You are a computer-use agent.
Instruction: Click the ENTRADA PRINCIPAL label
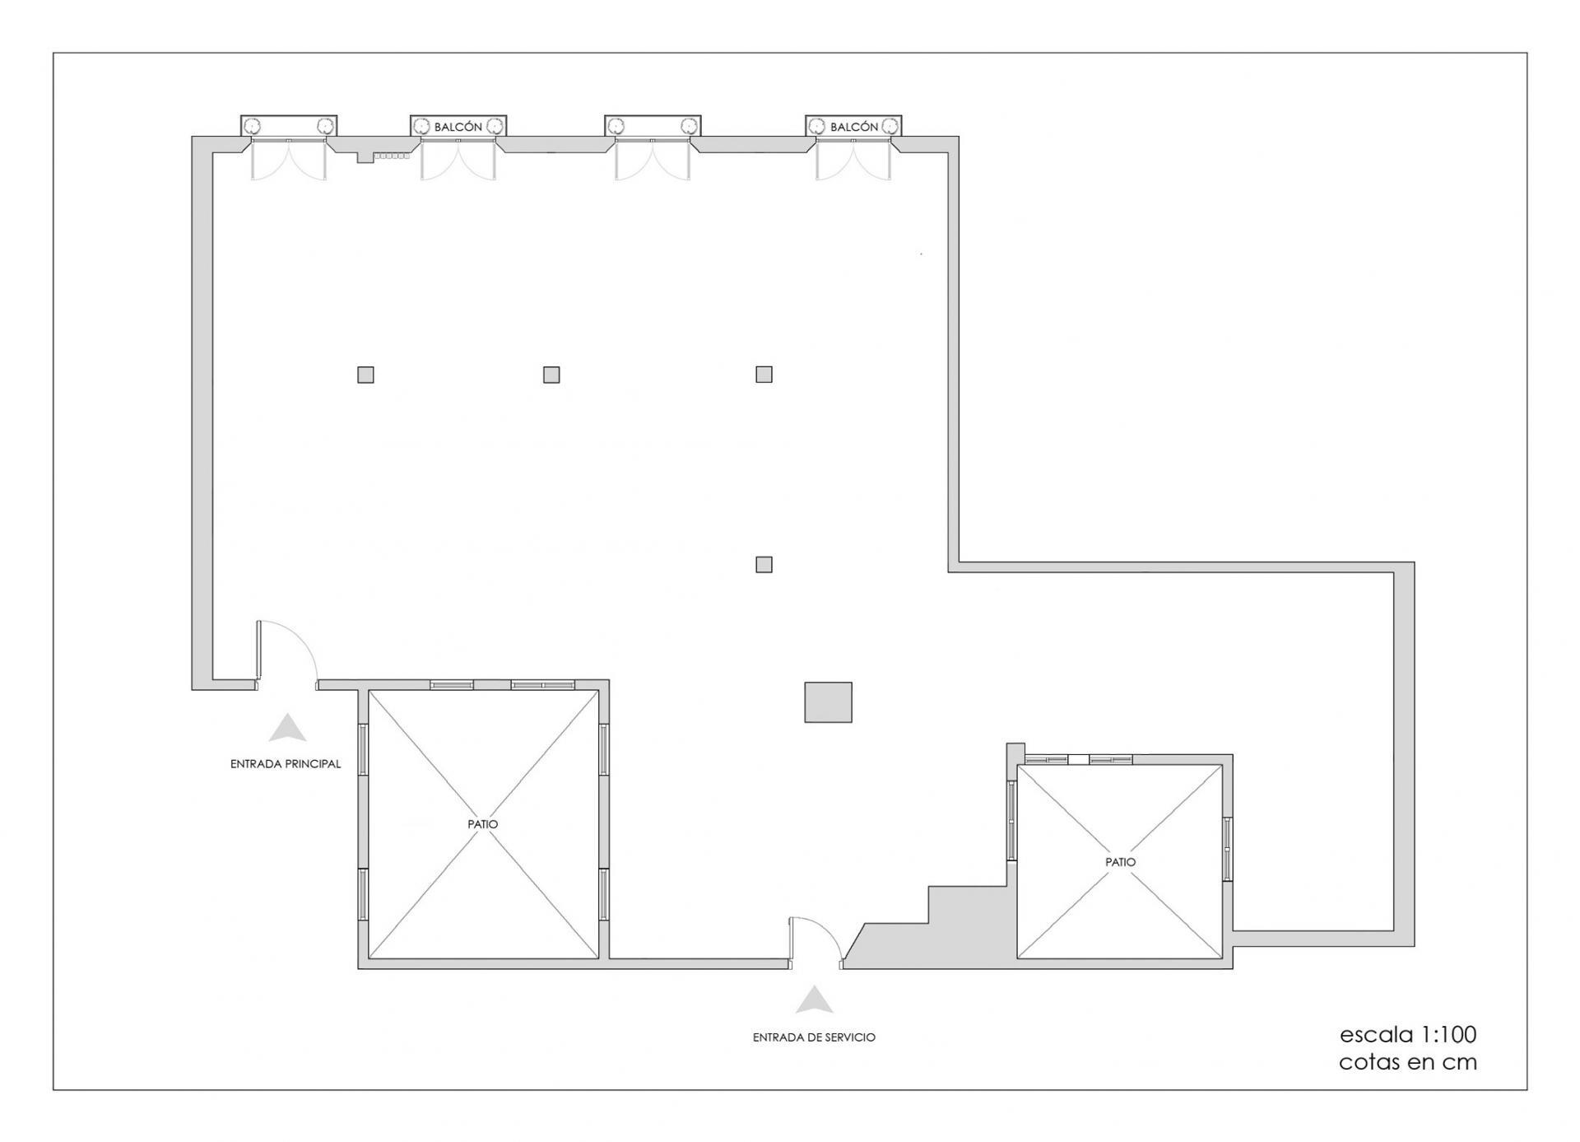point(285,764)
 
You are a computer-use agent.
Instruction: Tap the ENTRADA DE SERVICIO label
point(814,1037)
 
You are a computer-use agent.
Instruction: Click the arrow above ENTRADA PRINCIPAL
point(287,728)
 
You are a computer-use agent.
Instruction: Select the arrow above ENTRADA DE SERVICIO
point(815,1000)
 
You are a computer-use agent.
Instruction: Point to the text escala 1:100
point(1408,1034)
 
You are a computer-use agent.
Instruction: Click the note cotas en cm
point(1408,1062)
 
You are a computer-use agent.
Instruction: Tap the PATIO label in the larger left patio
point(483,823)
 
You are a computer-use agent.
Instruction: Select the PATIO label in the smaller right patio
point(1120,862)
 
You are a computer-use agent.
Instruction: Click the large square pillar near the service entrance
point(828,702)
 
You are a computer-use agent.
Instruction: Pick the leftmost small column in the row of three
point(365,375)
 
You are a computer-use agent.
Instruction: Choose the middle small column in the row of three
point(551,375)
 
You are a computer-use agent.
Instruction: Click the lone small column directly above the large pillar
point(764,564)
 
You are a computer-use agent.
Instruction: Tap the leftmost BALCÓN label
point(458,127)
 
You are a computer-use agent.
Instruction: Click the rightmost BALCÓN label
point(854,127)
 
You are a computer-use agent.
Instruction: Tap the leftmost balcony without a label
point(289,126)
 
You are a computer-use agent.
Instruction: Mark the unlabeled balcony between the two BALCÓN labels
point(653,126)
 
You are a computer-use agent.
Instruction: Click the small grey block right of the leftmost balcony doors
point(365,157)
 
